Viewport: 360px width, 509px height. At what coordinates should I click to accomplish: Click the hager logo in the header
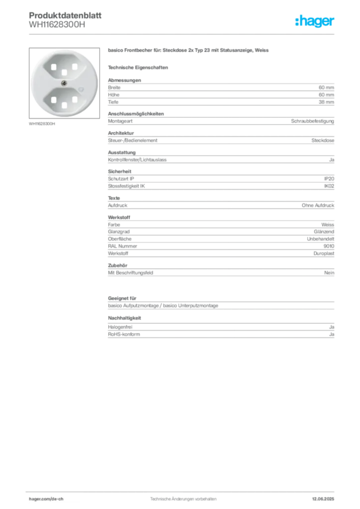pyautogui.click(x=314, y=21)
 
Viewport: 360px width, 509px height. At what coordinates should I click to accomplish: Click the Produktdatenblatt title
pyautogui.click(x=65, y=15)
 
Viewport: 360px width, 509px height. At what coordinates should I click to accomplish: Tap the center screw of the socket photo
pyautogui.click(x=64, y=84)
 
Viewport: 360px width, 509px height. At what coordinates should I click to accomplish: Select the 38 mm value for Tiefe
pyautogui.click(x=326, y=102)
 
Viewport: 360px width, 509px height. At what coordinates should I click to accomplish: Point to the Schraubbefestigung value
pyautogui.click(x=312, y=121)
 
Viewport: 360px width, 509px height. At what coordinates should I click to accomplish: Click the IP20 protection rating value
pyautogui.click(x=329, y=178)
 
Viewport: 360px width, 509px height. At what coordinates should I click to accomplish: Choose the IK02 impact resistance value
pyautogui.click(x=329, y=186)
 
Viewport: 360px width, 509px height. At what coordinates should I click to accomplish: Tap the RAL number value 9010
pyautogui.click(x=329, y=246)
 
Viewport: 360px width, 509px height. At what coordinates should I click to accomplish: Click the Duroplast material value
pyautogui.click(x=324, y=253)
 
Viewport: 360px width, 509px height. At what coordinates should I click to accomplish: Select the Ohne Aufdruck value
pyautogui.click(x=318, y=205)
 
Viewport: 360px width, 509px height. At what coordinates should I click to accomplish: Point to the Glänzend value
pyautogui.click(x=324, y=232)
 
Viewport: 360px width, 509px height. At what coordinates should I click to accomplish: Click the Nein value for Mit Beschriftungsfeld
pyautogui.click(x=329, y=273)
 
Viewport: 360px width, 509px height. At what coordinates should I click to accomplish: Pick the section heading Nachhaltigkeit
pyautogui.click(x=124, y=318)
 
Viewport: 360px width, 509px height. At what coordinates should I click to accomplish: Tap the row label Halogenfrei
pyautogui.click(x=120, y=327)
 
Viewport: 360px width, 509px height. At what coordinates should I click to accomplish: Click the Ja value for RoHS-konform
pyautogui.click(x=332, y=334)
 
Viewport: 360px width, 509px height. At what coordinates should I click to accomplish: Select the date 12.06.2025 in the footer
pyautogui.click(x=323, y=499)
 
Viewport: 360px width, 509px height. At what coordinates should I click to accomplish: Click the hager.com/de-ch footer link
pyautogui.click(x=46, y=499)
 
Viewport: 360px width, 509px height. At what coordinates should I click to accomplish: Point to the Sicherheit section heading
pyautogui.click(x=119, y=171)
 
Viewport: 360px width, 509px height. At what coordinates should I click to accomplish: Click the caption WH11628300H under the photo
pyautogui.click(x=42, y=124)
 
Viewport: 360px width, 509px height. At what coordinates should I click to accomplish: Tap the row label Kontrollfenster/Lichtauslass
pyautogui.click(x=137, y=160)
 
